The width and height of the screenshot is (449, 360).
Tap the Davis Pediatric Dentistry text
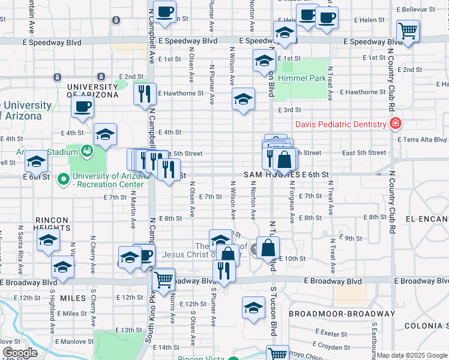pyautogui.click(x=340, y=125)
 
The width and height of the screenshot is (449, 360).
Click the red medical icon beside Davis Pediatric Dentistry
pyautogui.click(x=395, y=125)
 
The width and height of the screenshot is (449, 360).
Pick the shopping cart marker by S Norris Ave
pyautogui.click(x=163, y=280)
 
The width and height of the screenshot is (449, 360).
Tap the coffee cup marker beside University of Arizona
pyautogui.click(x=82, y=108)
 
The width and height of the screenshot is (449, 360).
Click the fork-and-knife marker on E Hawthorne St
pyautogui.click(x=145, y=94)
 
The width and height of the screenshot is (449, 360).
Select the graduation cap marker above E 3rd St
pyautogui.click(x=243, y=100)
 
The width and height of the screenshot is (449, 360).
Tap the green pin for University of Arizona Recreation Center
pyautogui.click(x=63, y=179)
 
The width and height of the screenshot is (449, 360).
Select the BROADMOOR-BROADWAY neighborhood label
pyautogui.click(x=342, y=314)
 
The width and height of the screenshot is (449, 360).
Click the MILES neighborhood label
pyautogui.click(x=74, y=298)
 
